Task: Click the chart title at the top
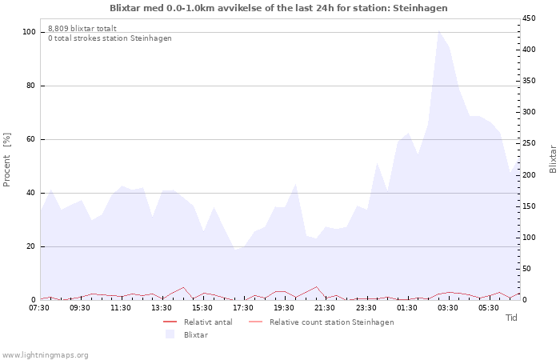(x=279, y=8)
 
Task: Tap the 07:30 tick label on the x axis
(x=40, y=307)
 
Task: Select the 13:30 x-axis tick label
(x=162, y=307)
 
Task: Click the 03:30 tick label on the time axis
(x=448, y=307)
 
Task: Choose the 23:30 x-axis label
(x=366, y=307)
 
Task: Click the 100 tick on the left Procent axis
(x=29, y=32)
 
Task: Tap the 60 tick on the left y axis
(x=31, y=139)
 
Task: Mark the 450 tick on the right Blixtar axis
(x=530, y=18)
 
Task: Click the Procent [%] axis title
(x=7, y=160)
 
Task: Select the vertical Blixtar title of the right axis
(x=553, y=158)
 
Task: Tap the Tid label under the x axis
(x=512, y=318)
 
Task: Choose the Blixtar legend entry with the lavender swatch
(x=196, y=334)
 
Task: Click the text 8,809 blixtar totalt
(x=81, y=28)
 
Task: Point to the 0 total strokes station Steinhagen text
(x=110, y=38)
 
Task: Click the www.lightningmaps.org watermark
(x=45, y=355)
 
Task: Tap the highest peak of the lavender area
(x=438, y=31)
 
